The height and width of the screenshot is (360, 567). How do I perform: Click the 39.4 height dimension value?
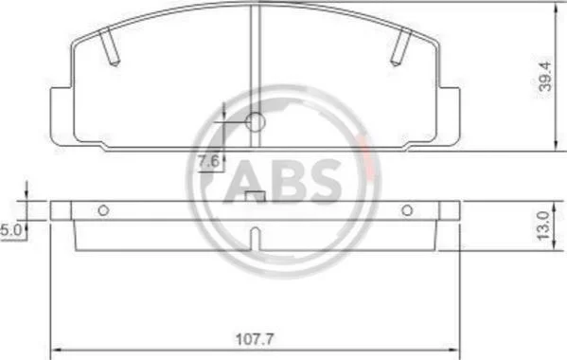(545, 77)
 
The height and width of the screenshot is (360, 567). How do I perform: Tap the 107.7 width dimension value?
(255, 339)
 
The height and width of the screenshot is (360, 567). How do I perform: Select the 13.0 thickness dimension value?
(543, 225)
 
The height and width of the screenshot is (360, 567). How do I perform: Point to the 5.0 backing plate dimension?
(11, 230)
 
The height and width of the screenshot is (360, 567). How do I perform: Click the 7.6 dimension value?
(209, 161)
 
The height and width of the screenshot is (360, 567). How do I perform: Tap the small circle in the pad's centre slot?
(256, 122)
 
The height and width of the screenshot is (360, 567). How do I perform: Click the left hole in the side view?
(103, 210)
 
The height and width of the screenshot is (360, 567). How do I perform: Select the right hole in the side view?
(407, 210)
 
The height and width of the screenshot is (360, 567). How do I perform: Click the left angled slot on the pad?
(109, 46)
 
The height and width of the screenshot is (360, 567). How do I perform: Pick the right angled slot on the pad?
(401, 46)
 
